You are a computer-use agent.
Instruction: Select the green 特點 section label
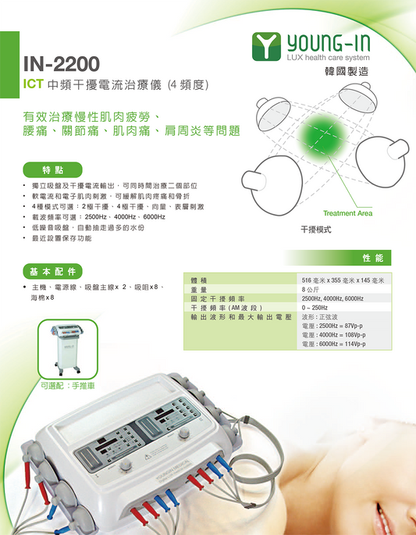tap(54, 169)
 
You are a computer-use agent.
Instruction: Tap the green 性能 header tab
tap(372, 257)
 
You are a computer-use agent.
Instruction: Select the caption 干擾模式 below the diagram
tap(317, 230)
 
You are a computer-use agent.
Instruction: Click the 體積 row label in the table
tap(199, 279)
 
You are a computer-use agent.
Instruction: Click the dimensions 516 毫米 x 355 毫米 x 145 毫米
tap(348, 279)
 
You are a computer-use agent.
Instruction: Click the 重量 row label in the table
tap(199, 289)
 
